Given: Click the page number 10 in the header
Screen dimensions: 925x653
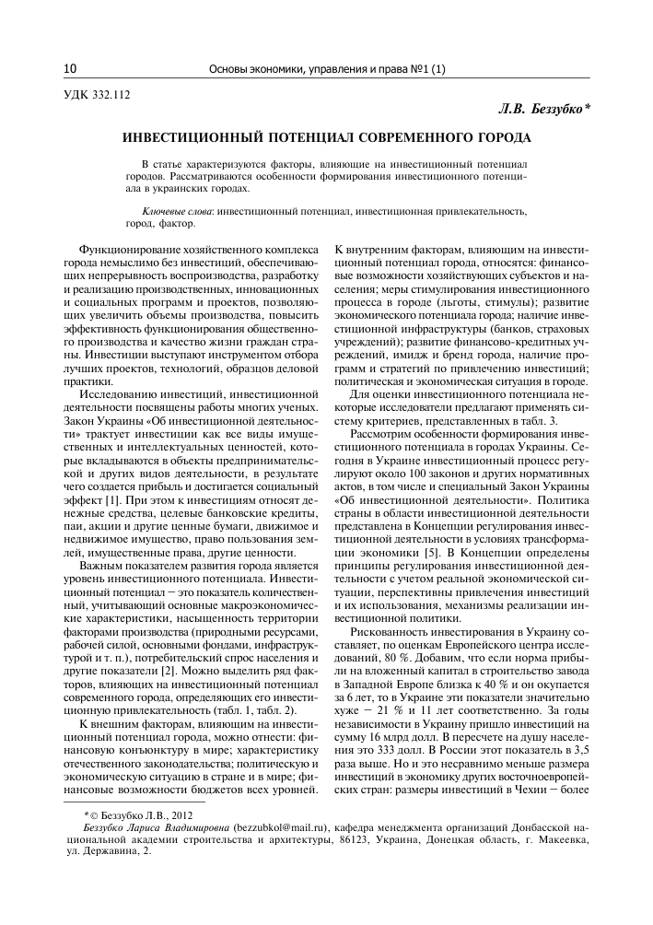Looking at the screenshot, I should pos(70,68).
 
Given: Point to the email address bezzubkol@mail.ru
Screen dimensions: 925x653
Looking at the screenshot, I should pos(284,828).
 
